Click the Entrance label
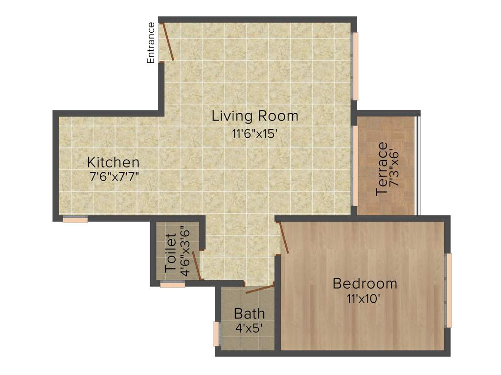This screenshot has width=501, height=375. click(x=151, y=43)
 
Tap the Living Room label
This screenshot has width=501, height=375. click(x=255, y=116)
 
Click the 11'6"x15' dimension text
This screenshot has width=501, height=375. click(x=255, y=133)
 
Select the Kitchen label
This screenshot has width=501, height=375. click(x=113, y=162)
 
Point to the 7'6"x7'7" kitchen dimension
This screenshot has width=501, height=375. click(x=113, y=177)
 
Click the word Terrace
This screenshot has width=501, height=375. click(x=382, y=169)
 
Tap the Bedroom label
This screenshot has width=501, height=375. click(x=364, y=283)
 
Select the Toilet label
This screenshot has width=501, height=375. click(x=170, y=253)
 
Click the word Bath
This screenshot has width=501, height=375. click(x=249, y=313)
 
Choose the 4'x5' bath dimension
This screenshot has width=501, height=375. click(x=249, y=328)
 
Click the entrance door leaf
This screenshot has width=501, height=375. click(x=168, y=41)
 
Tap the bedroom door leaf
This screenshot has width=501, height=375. click(x=283, y=238)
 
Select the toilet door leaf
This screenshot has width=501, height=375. click(x=196, y=266)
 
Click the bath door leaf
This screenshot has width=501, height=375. click(x=259, y=289)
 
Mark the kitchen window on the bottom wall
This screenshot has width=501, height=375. click(x=75, y=219)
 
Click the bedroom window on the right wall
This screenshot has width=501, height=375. click(x=449, y=290)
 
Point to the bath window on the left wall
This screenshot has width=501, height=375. click(x=216, y=334)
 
